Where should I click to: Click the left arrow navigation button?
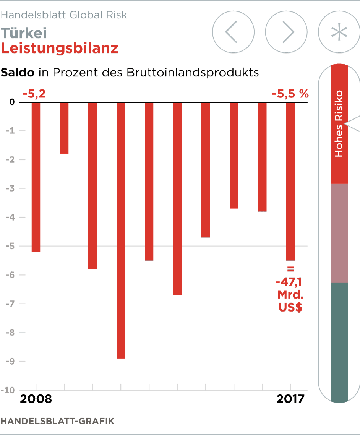point(233,32)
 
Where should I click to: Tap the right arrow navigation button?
point(286,32)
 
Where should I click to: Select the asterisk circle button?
point(339,32)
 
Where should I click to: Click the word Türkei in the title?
point(24,33)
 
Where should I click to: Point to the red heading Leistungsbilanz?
point(60,48)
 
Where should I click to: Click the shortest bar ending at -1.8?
point(64,128)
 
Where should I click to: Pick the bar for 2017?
point(290,181)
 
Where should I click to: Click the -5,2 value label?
point(34,94)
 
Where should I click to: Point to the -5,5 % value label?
point(290,94)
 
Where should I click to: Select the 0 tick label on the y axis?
point(12,102)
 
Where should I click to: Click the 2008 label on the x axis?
point(36,399)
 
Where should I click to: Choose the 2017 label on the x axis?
point(290,399)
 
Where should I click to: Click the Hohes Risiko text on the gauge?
point(339,124)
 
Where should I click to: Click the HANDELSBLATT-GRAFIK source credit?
point(58,421)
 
